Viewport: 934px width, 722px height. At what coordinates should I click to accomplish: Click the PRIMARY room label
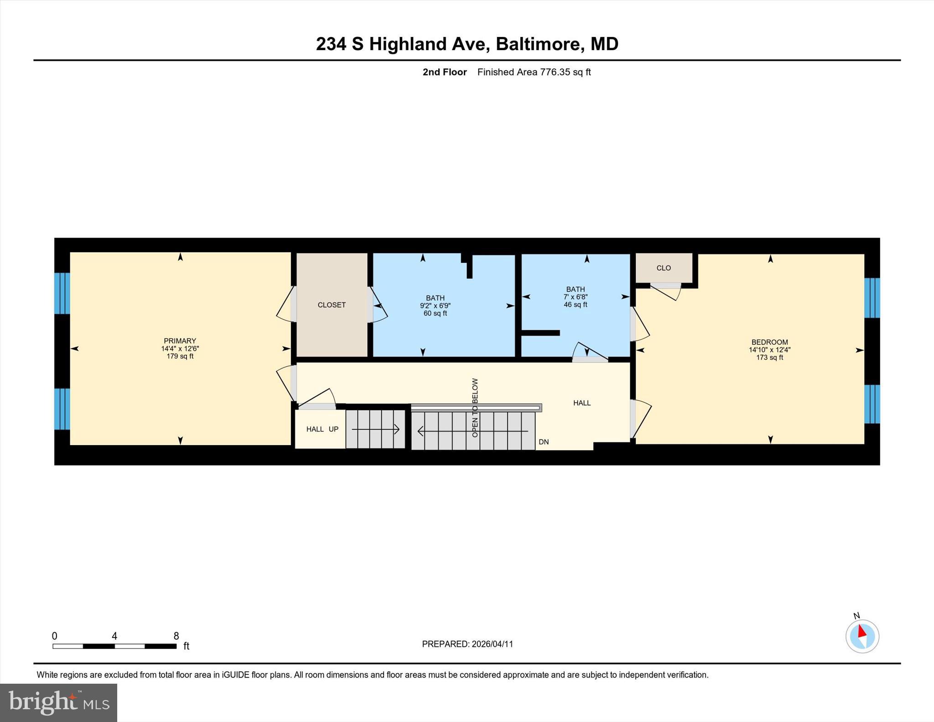[x=180, y=341]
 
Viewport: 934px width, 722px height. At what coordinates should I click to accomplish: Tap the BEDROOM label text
[x=769, y=342]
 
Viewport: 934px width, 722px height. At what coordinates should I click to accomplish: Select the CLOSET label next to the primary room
[x=332, y=305]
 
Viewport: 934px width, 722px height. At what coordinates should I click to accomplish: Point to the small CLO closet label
[x=664, y=268]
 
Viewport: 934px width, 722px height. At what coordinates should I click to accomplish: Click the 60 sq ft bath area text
[x=435, y=313]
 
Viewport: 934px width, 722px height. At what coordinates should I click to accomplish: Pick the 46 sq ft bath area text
[x=575, y=304]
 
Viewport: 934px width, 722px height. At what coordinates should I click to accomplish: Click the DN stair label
[x=544, y=442]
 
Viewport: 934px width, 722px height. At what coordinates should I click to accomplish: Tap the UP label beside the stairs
[x=333, y=429]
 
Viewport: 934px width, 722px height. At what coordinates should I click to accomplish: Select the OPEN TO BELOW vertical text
[x=475, y=408]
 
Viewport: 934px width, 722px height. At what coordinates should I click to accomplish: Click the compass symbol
[x=862, y=636]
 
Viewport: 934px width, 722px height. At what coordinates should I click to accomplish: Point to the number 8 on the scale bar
[x=176, y=636]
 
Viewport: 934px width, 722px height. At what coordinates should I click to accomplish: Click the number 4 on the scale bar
[x=114, y=636]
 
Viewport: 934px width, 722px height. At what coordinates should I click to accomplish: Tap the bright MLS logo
[x=59, y=702]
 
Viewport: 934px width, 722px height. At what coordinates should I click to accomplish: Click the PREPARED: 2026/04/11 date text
[x=467, y=644]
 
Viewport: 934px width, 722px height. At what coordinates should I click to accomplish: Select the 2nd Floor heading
[x=445, y=72]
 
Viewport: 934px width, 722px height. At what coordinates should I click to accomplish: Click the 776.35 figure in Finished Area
[x=555, y=72]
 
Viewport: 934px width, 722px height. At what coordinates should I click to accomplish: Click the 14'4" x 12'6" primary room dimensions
[x=180, y=348]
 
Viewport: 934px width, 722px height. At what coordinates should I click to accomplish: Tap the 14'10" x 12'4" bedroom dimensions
[x=769, y=350]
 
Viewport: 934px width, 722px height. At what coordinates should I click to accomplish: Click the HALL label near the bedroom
[x=582, y=403]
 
